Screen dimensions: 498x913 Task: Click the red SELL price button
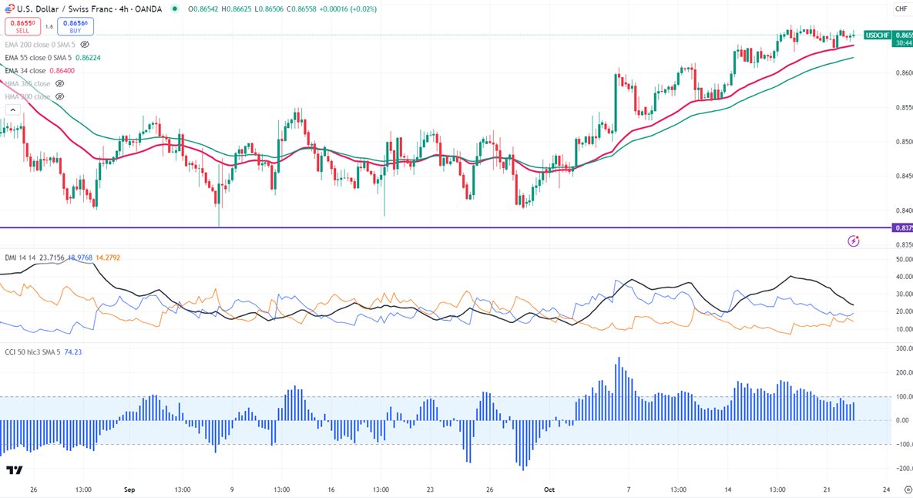[22, 27]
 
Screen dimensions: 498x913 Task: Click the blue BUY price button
[76, 27]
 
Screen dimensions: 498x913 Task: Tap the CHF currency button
[900, 9]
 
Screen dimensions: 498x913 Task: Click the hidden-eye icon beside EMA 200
[85, 45]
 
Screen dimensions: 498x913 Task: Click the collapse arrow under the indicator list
[12, 110]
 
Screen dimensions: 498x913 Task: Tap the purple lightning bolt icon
[853, 241]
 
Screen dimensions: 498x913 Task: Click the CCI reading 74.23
[72, 352]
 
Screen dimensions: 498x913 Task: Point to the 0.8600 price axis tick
[903, 72]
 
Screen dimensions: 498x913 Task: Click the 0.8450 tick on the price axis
[903, 176]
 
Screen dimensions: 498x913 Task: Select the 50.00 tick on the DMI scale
[903, 259]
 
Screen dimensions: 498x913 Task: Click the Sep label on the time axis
[129, 490]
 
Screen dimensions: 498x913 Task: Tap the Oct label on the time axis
[549, 490]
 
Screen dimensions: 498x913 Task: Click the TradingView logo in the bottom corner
[14, 469]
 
